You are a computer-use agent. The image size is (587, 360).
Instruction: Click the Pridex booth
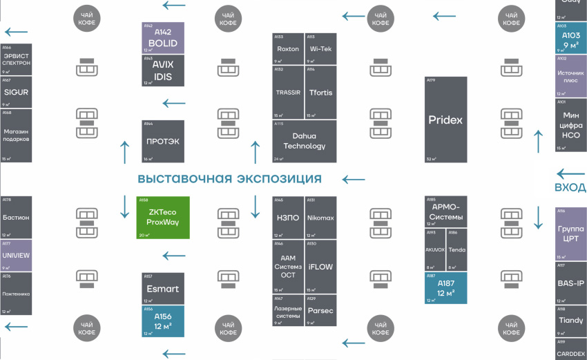(445, 120)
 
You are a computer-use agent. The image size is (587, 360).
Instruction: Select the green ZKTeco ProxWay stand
(163, 218)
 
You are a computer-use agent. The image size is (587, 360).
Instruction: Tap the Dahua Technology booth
(304, 142)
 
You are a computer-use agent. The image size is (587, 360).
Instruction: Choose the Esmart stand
(163, 288)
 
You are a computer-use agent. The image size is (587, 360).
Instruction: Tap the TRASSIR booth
(288, 93)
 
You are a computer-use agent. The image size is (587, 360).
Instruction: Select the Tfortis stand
(320, 93)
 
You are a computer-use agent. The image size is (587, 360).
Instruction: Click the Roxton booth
(288, 49)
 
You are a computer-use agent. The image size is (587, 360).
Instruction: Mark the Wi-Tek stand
(320, 49)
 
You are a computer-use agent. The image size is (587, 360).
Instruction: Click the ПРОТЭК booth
(163, 142)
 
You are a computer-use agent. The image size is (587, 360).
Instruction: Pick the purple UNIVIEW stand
(16, 255)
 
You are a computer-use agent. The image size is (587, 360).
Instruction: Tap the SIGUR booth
(16, 92)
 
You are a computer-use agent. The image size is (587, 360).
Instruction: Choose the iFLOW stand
(320, 266)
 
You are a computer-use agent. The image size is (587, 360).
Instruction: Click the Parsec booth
(320, 310)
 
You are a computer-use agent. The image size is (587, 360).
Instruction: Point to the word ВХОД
(570, 187)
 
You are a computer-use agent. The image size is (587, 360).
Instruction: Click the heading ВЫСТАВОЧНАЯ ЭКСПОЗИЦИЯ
(229, 179)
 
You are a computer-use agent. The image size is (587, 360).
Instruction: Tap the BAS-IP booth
(570, 283)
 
